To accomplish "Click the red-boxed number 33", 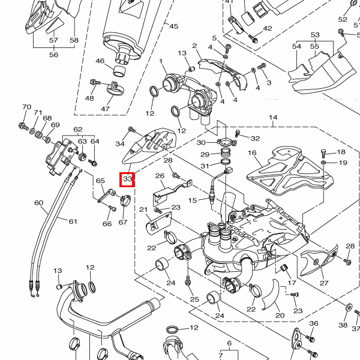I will pyautogui.click(x=127, y=179).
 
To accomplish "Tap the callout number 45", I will pyautogui.click(x=174, y=26).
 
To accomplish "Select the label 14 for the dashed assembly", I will pyautogui.click(x=273, y=117).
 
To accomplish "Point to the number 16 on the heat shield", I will pyautogui.click(x=252, y=153).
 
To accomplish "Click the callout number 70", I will pyautogui.click(x=26, y=107).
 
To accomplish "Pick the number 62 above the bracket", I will pyautogui.click(x=77, y=130).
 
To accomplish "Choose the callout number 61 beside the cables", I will pyautogui.click(x=73, y=221).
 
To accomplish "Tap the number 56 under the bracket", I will pyautogui.click(x=53, y=55).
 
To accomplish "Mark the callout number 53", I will pyautogui.click(x=315, y=35).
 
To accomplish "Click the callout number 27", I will pyautogui.click(x=324, y=283).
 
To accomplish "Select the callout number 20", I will pyautogui.click(x=279, y=315).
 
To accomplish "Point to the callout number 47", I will pyautogui.click(x=105, y=109).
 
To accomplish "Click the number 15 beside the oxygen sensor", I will pyautogui.click(x=193, y=200).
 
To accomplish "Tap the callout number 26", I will pyautogui.click(x=160, y=176).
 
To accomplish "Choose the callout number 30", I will pyautogui.click(x=202, y=142).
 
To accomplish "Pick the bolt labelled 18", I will pyautogui.click(x=324, y=152).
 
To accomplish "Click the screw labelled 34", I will pyautogui.click(x=131, y=130).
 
